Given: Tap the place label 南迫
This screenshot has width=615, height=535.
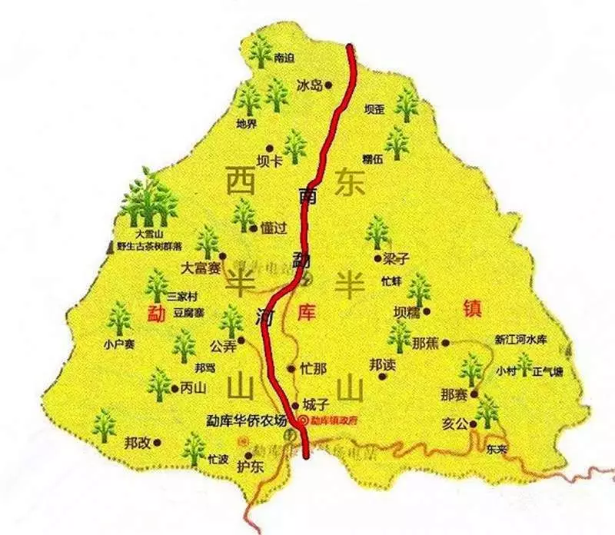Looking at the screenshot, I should tap(284, 58).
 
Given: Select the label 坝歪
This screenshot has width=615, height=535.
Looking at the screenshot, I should tap(374, 110).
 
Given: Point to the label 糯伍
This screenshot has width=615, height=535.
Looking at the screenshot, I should tap(372, 159).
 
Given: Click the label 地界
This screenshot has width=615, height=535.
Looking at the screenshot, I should tap(247, 124).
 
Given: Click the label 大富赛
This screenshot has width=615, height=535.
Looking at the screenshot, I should tap(201, 268).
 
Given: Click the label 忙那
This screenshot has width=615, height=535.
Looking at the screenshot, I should tap(314, 368).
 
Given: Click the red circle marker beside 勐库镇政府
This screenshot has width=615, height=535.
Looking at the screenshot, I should tap(303, 420).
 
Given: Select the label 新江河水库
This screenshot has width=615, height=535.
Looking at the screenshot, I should tap(519, 338).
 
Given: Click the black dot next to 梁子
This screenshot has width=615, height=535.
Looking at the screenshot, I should tap(377, 258).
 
